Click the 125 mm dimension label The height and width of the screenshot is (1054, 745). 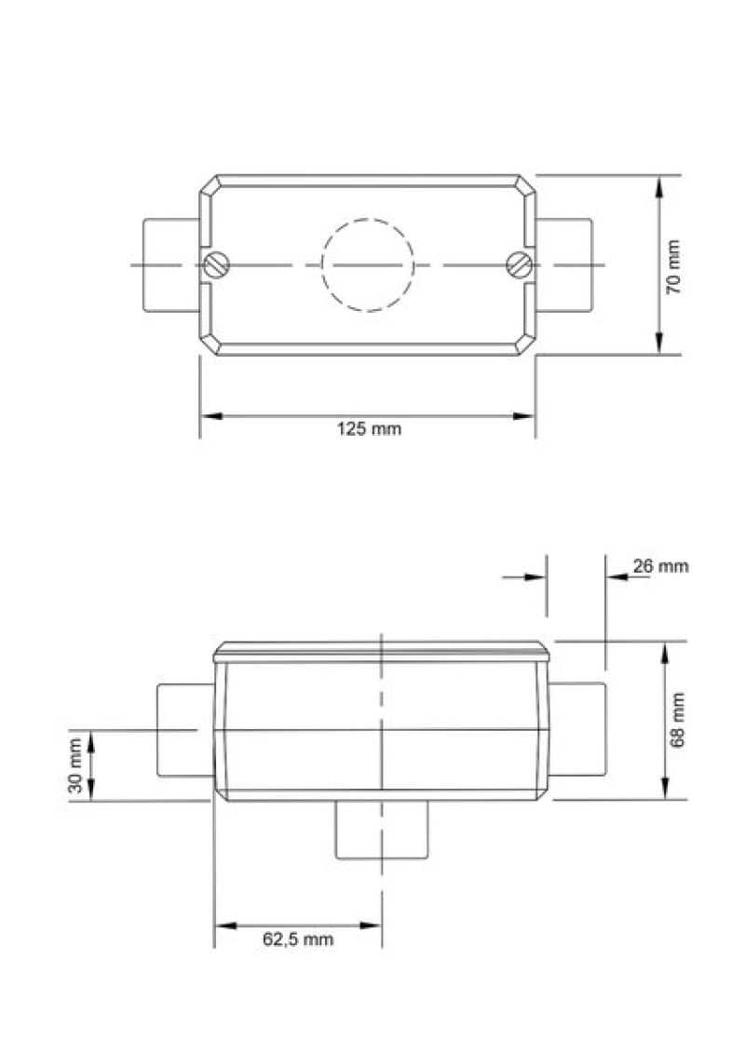[x=369, y=428]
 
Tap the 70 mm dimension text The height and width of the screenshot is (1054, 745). [x=673, y=267]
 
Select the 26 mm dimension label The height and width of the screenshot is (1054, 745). [x=660, y=566]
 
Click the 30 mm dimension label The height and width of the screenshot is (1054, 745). [x=75, y=765]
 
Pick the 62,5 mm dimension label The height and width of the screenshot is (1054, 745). [x=298, y=939]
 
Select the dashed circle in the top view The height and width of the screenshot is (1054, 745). [x=367, y=219]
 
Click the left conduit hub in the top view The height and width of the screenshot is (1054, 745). [x=171, y=264]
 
